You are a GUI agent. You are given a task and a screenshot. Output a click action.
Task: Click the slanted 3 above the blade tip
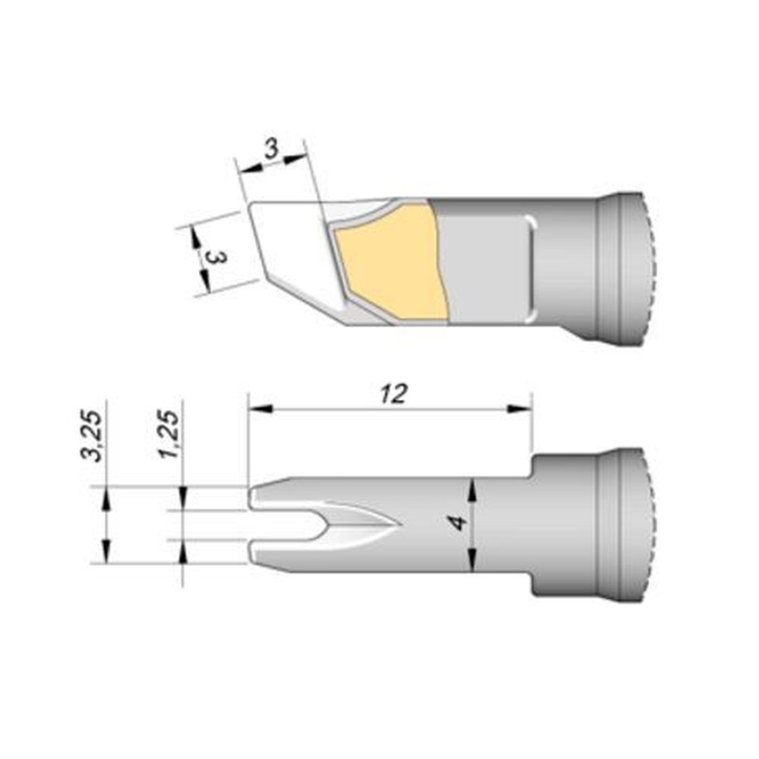click(270, 150)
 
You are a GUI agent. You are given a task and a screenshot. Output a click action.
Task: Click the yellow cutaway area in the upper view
click(391, 262)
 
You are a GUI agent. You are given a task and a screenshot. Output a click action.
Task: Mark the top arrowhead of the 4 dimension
click(473, 486)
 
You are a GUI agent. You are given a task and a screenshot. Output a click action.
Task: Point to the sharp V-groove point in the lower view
click(398, 524)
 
